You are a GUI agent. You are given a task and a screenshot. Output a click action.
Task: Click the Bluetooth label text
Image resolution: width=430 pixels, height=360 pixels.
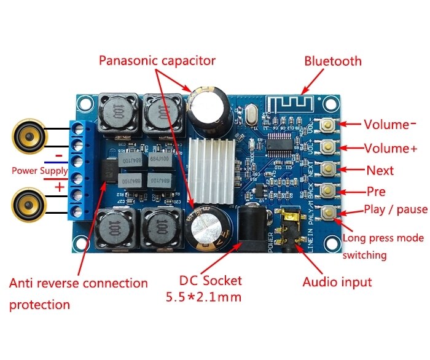[x=333, y=61]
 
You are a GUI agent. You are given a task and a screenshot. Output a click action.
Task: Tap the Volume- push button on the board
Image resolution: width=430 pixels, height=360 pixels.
[x=330, y=125]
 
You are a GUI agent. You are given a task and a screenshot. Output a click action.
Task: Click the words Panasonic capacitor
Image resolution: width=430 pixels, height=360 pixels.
[x=157, y=60]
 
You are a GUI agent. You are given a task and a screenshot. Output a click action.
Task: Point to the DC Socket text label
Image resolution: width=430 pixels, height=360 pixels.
[x=211, y=281]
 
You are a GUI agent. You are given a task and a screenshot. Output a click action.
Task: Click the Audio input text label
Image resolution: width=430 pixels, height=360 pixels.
[x=337, y=282]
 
